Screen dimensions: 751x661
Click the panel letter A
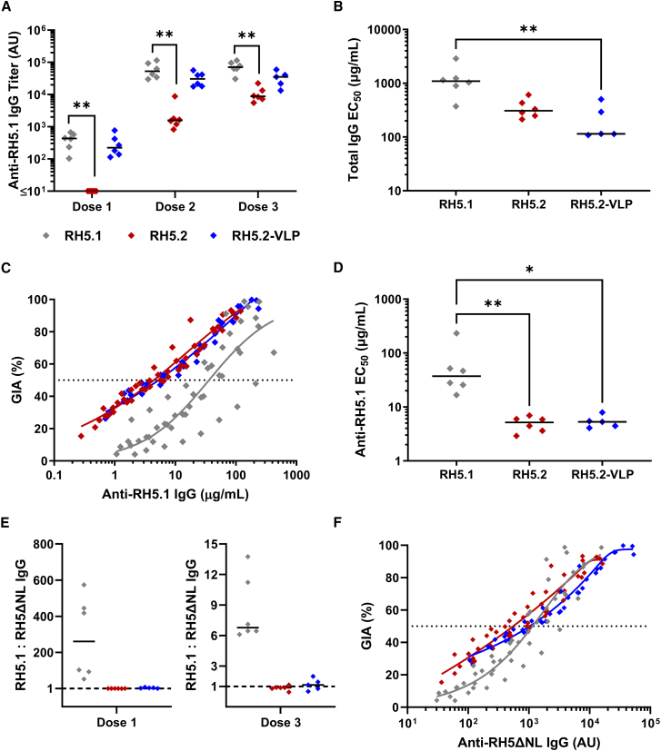coord(8,8)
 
